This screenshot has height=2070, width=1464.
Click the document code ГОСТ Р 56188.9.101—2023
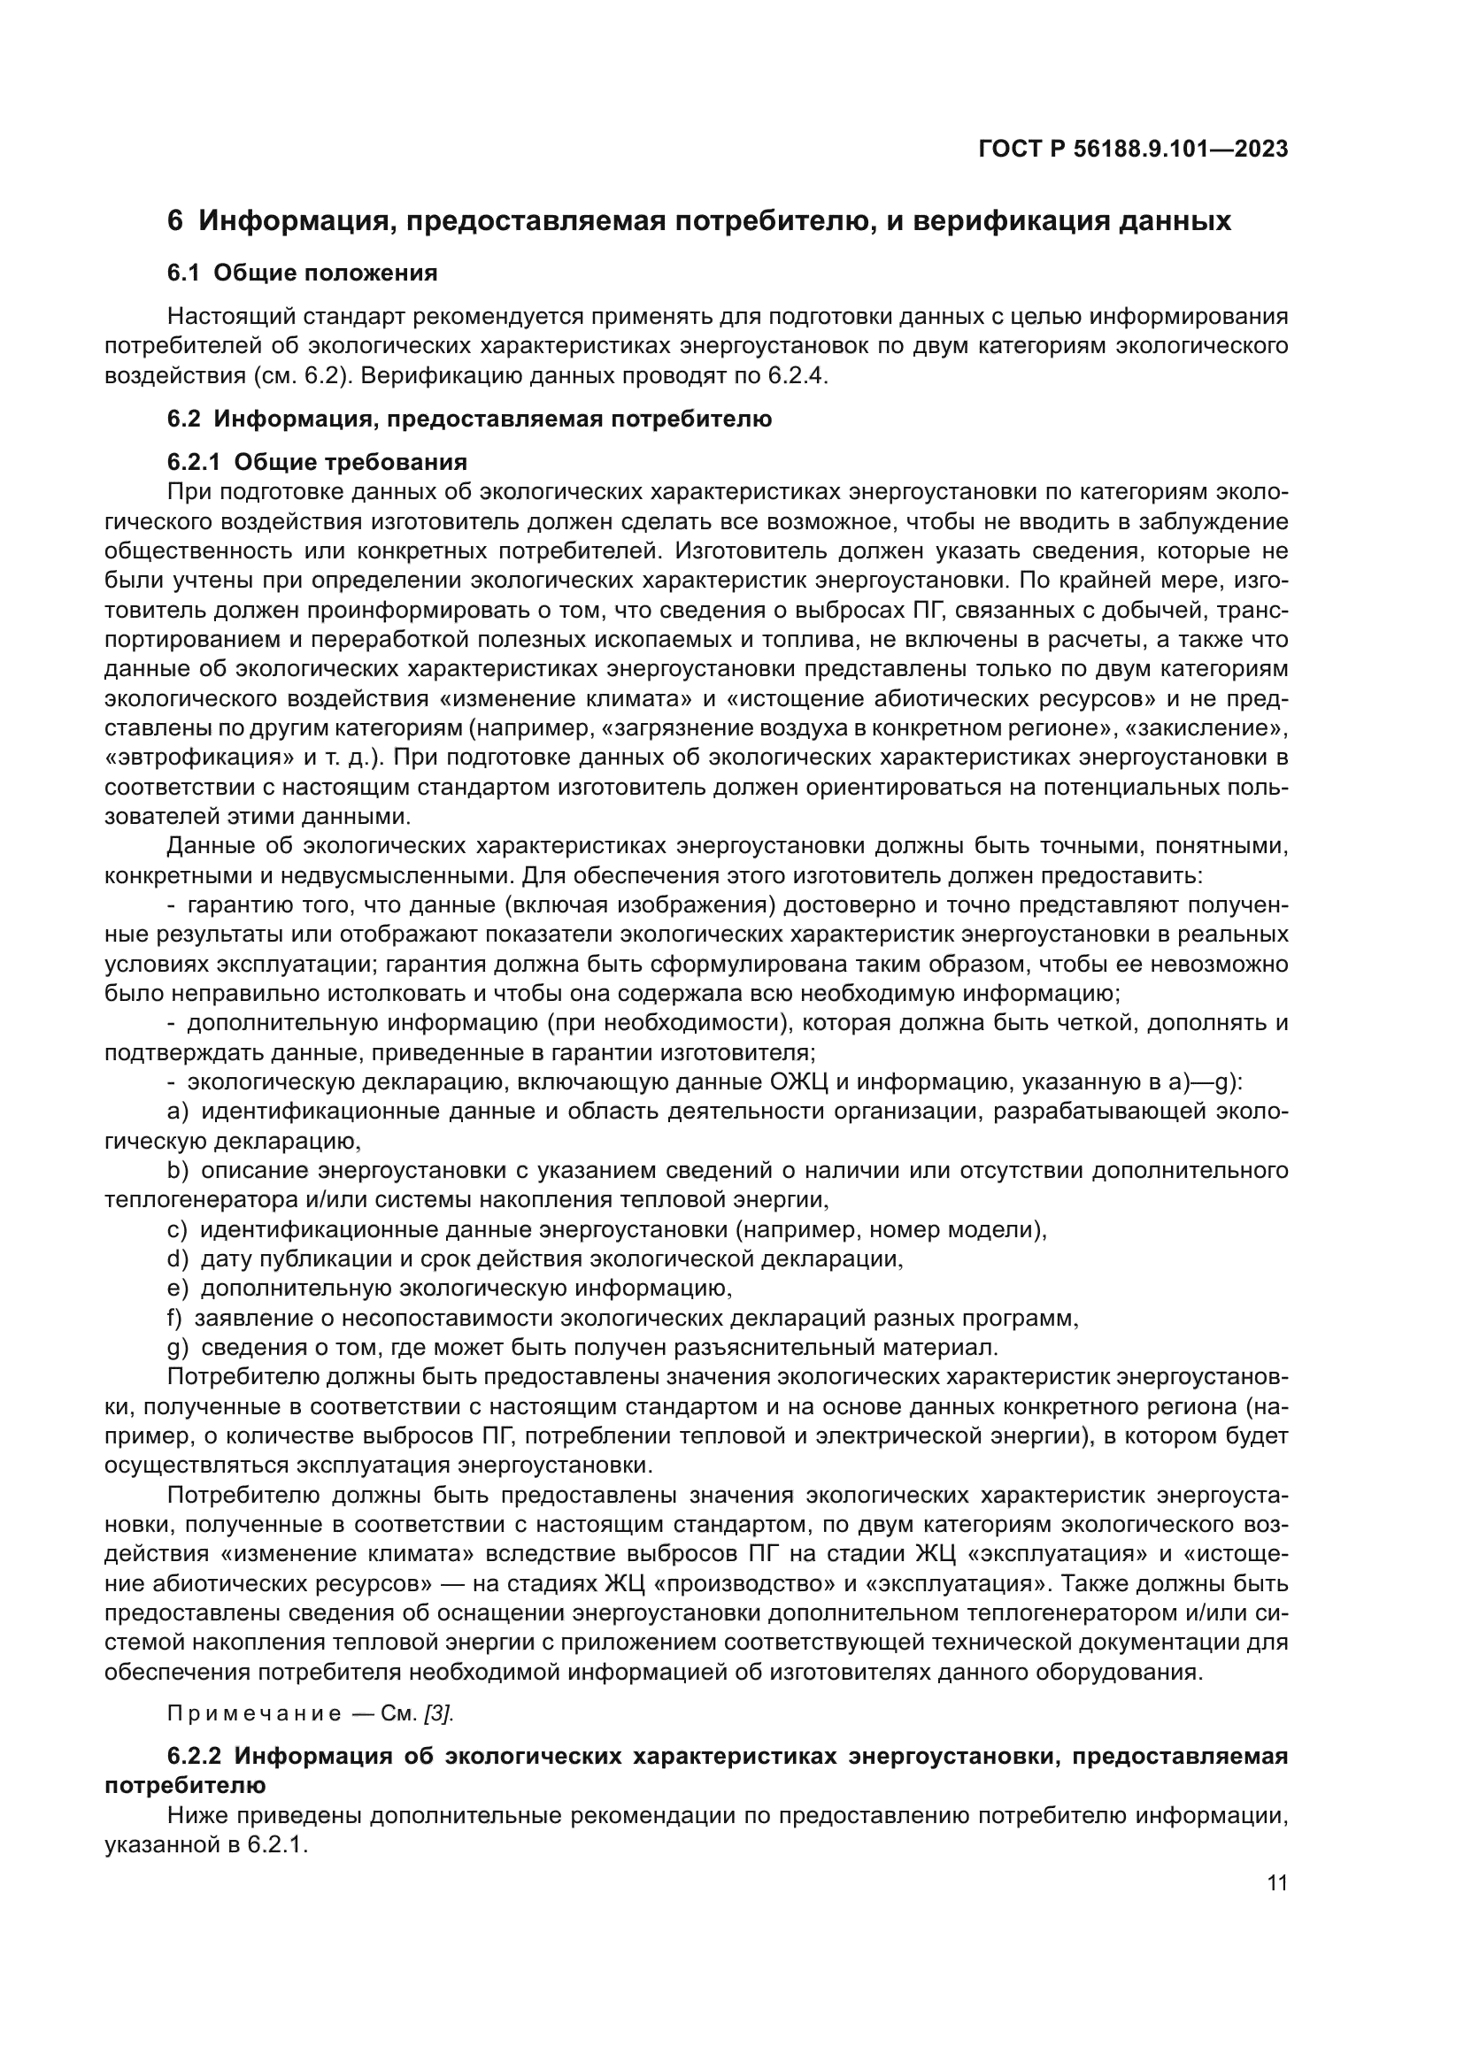(1132, 150)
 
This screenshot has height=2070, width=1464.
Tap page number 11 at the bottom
(1276, 1882)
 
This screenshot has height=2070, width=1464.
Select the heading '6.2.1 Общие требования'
(318, 463)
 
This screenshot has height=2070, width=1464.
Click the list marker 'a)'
(178, 1112)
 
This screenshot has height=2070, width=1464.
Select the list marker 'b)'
(178, 1170)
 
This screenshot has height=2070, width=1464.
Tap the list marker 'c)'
(177, 1230)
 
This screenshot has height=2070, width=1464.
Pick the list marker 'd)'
(178, 1258)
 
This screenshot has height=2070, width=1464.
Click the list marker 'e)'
(178, 1289)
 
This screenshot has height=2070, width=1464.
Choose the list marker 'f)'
(175, 1318)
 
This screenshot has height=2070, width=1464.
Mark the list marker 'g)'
(178, 1348)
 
